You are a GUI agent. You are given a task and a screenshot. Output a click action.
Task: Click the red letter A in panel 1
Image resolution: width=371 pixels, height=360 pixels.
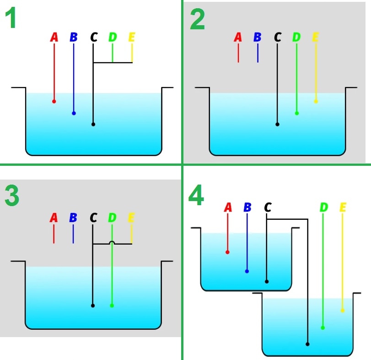pyautogui.click(x=54, y=37)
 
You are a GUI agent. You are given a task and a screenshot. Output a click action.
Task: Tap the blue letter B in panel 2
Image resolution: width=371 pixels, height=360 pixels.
pyautogui.click(x=257, y=37)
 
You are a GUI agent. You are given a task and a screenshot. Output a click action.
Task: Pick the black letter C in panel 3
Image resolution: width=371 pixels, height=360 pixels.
pyautogui.click(x=93, y=218)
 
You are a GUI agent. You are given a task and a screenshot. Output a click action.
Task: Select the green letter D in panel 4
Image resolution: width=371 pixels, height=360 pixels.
pyautogui.click(x=323, y=207)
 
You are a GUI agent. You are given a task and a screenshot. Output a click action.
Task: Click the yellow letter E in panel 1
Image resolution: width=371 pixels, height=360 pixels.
pyautogui.click(x=132, y=37)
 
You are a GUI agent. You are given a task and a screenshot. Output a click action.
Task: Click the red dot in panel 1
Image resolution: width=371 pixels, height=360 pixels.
pyautogui.click(x=54, y=101)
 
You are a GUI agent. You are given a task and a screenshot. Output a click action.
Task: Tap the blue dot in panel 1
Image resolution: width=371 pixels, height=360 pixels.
pyautogui.click(x=74, y=113)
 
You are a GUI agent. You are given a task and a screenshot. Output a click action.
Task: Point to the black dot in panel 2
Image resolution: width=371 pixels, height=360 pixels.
pyautogui.click(x=277, y=124)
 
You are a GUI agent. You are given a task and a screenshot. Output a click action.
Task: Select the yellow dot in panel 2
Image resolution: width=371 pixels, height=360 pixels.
pyautogui.click(x=316, y=101)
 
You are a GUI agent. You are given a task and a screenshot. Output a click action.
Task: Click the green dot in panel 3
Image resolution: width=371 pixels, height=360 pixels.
pyautogui.click(x=112, y=305)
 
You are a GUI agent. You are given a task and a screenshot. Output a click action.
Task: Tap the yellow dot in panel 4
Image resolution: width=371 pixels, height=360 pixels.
pyautogui.click(x=342, y=311)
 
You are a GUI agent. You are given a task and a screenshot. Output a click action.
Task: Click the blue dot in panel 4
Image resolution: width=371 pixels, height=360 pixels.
pyautogui.click(x=247, y=271)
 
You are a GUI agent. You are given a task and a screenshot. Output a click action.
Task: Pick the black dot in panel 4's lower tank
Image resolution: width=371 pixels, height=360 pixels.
pyautogui.click(x=307, y=344)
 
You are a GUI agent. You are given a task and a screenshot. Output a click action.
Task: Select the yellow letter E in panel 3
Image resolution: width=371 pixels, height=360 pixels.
pyautogui.click(x=131, y=218)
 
